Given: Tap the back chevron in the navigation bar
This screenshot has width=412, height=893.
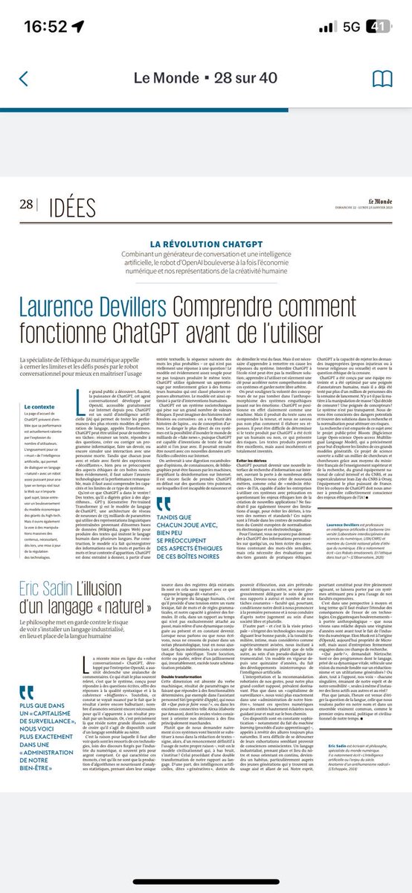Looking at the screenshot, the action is tap(24, 80).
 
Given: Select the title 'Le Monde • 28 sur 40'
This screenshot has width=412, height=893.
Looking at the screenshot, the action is tap(205, 80).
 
